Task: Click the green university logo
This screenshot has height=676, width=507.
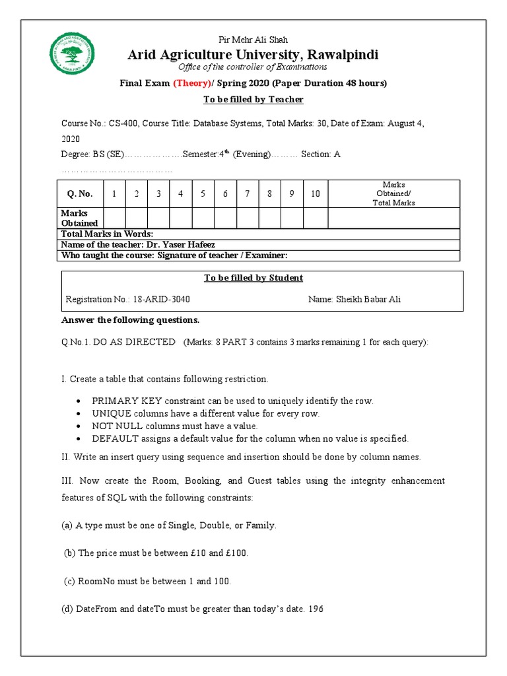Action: (x=72, y=54)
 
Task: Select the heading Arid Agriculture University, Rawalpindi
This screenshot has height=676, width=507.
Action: (x=253, y=54)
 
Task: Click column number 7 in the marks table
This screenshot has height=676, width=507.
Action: (x=248, y=193)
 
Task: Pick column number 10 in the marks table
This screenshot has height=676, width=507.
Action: (x=316, y=193)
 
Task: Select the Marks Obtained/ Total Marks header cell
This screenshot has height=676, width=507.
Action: (x=394, y=193)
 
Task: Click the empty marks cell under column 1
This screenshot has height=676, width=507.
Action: (x=114, y=218)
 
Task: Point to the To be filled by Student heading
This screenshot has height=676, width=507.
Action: (x=253, y=278)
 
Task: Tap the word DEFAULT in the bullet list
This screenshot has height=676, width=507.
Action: (x=114, y=438)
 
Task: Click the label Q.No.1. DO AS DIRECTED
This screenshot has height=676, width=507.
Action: (x=118, y=341)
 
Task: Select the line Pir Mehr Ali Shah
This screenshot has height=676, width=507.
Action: (x=253, y=40)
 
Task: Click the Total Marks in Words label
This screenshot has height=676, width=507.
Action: (x=107, y=234)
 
